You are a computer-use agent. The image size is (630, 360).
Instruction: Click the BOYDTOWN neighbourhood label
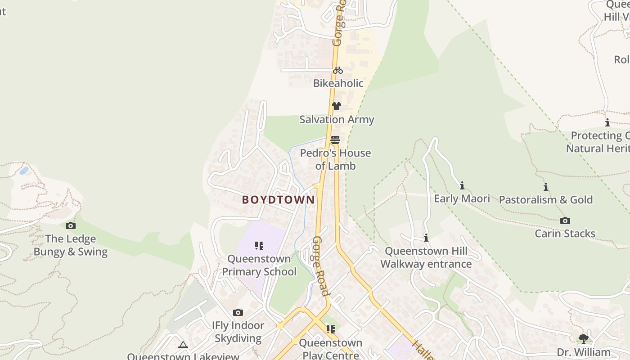[278, 200]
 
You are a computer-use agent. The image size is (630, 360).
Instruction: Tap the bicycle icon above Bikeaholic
[338, 70]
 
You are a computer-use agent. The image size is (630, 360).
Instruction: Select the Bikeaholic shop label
[338, 83]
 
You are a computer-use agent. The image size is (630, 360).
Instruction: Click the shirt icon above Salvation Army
[336, 106]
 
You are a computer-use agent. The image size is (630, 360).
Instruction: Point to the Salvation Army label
[337, 120]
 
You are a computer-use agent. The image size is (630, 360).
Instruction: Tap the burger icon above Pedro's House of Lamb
[335, 140]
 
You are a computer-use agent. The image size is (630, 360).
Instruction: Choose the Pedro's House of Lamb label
[336, 159]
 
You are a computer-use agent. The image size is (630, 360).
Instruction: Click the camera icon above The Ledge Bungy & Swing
[71, 225]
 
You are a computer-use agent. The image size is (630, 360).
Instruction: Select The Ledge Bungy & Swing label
[71, 245]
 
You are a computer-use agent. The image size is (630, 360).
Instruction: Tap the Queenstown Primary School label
[259, 265]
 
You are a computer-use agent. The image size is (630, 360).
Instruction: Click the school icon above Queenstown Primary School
[259, 246]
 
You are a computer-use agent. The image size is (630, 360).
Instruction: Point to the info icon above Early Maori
[462, 185]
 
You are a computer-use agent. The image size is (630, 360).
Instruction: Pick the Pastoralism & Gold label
[546, 200]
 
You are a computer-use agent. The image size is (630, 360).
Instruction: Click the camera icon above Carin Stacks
[565, 220]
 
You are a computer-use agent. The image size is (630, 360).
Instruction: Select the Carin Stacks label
[565, 234]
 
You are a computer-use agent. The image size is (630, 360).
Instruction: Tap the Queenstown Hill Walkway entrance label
[426, 257]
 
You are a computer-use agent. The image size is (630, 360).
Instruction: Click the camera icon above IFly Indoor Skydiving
[238, 312]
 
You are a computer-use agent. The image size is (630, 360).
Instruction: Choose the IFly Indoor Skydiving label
[238, 332]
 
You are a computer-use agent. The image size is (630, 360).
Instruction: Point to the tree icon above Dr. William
[584, 338]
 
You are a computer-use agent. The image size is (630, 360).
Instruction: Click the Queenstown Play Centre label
[331, 349]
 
